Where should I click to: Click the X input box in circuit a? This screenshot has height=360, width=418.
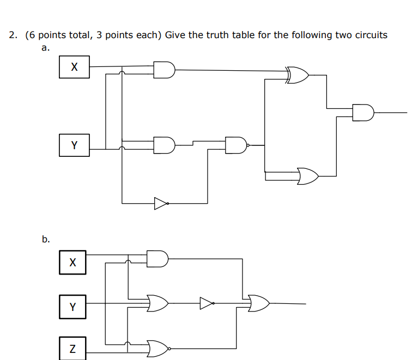coord(74,67)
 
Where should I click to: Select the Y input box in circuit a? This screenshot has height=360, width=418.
coord(74,145)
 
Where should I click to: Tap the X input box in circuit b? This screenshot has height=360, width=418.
coord(72,262)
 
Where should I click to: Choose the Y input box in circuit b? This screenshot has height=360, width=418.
coord(72,307)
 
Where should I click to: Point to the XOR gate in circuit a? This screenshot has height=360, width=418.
coord(298,75)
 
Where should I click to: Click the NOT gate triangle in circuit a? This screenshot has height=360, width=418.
coord(161,203)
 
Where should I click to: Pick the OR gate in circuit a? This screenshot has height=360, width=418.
coord(308,176)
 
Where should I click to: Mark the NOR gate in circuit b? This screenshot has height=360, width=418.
coord(158,347)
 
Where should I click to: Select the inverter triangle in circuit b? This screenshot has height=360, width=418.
coord(207,303)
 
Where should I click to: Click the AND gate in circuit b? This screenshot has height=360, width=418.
coord(157,259)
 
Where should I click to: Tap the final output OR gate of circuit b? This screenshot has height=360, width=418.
coord(258,303)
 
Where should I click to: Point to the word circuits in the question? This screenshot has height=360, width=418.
coord(368,35)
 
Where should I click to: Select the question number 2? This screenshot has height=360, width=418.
coord(13,35)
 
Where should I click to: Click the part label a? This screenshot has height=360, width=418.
coord(45,48)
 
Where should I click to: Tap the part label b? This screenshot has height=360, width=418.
coord(46,239)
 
